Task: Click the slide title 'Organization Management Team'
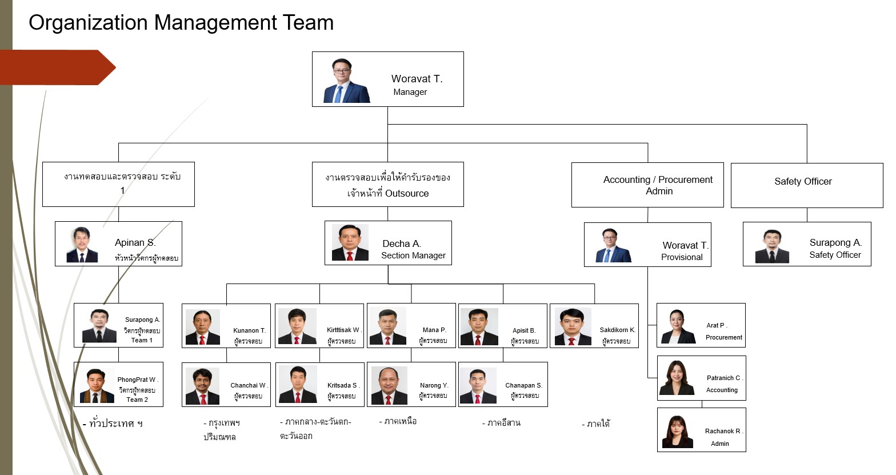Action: coord(181,23)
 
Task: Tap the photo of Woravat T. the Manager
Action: coord(346,81)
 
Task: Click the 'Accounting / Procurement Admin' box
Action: coord(647,185)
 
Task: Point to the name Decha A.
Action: coord(401,244)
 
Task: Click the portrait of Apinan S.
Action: coord(82,245)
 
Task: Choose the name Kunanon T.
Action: coord(249,330)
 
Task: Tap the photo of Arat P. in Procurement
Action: coord(678,326)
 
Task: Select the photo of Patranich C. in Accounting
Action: coord(677,378)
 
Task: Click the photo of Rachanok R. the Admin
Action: coord(677,432)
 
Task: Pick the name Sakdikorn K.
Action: coord(617,330)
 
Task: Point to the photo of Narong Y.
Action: coord(389,385)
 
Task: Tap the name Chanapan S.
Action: coord(523,385)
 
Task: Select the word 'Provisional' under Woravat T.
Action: coord(682,257)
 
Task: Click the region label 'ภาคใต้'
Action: coord(596,424)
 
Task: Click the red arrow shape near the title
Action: coord(58,67)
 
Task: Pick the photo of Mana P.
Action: coord(388,326)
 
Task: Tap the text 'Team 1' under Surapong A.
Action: coord(142,340)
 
